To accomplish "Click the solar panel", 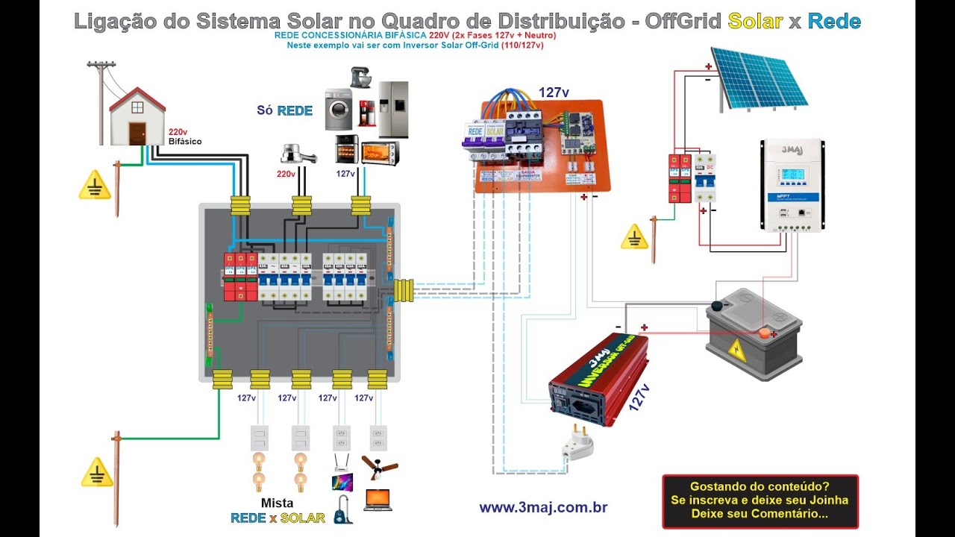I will click(x=757, y=77).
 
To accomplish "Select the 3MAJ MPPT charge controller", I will click(x=792, y=185).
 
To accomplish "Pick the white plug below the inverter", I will click(x=578, y=442).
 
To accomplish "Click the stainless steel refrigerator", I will click(x=393, y=109).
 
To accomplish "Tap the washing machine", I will click(x=338, y=110).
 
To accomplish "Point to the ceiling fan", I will click(x=379, y=466).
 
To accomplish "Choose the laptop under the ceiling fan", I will click(x=378, y=500).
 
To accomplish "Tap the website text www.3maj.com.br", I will click(x=542, y=508).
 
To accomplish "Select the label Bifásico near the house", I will click(x=184, y=141).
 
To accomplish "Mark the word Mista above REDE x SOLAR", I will click(x=277, y=503).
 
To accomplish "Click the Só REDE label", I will click(x=284, y=110).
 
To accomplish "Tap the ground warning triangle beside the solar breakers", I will click(x=635, y=236).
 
